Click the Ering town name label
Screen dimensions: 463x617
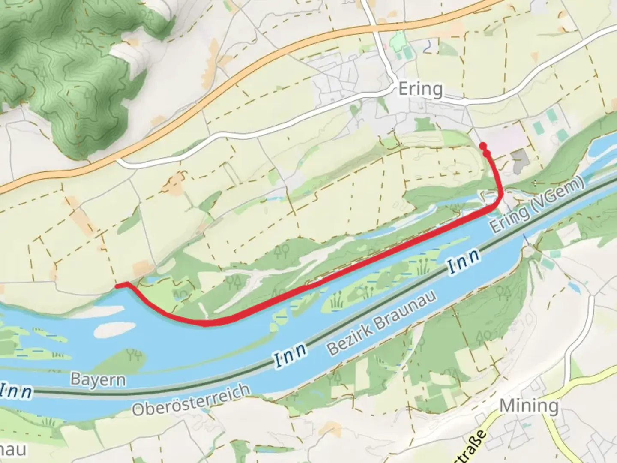coord(420,89)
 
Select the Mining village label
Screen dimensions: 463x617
coord(529,406)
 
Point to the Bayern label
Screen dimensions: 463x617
coord(99,380)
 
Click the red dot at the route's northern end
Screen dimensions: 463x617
coord(483,145)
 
